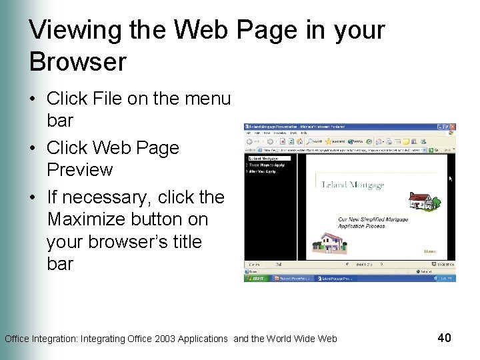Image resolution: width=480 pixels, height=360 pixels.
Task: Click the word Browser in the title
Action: click(x=77, y=62)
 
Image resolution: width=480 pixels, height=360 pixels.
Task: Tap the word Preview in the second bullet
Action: click(x=79, y=169)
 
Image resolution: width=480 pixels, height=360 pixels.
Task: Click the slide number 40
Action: click(x=444, y=338)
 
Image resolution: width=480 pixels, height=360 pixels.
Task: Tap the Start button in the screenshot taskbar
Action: click(x=255, y=279)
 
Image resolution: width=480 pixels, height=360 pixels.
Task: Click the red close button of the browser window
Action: click(x=453, y=127)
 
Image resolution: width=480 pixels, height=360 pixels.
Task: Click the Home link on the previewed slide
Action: click(x=429, y=251)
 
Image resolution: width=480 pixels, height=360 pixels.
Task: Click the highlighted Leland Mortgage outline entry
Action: click(x=264, y=159)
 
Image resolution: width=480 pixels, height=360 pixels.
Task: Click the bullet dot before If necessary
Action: click(x=32, y=197)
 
